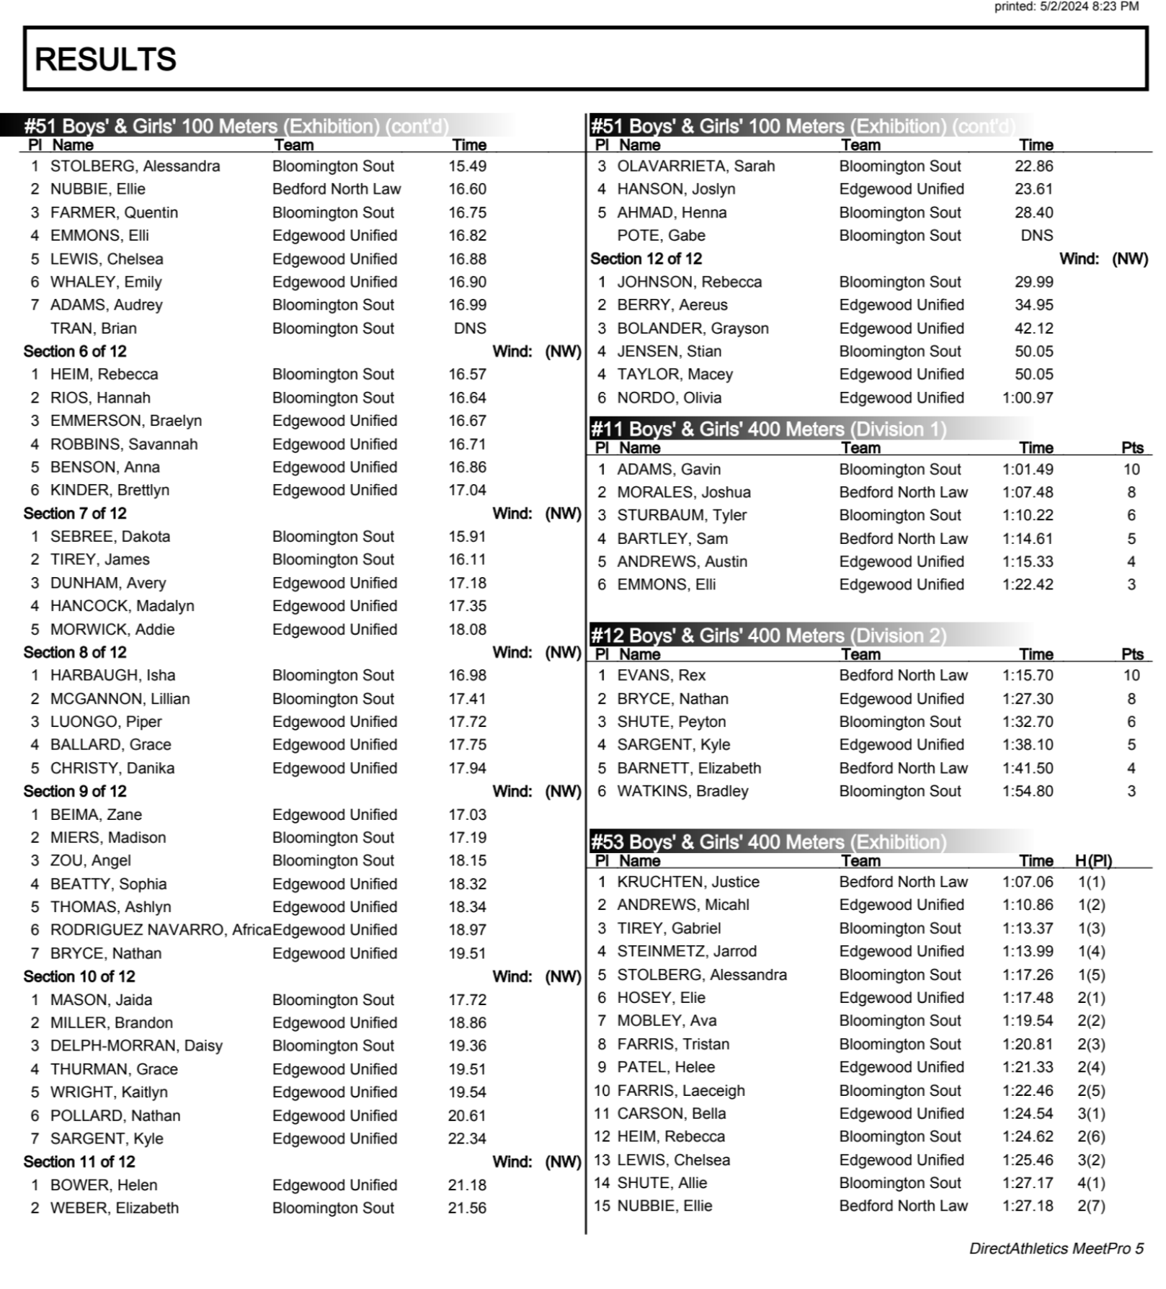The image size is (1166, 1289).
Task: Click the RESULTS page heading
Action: (105, 59)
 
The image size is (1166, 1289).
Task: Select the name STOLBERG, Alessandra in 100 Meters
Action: (135, 166)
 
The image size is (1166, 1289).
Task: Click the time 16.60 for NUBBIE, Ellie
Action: (467, 189)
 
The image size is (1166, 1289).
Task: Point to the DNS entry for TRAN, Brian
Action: (470, 329)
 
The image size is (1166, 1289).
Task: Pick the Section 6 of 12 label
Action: (75, 352)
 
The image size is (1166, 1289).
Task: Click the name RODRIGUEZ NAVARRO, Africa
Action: (160, 930)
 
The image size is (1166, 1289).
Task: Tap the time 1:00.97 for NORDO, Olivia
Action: (1027, 398)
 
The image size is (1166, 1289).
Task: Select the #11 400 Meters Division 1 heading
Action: (768, 429)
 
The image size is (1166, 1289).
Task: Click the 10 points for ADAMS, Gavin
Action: (1131, 470)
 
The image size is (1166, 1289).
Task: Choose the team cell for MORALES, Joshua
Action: (903, 493)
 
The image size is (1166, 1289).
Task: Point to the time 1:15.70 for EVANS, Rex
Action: (1027, 676)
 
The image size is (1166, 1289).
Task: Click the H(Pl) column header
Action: (1092, 861)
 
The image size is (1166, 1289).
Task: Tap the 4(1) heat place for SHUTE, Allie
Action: (1090, 1183)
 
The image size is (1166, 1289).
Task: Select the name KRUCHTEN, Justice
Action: (687, 882)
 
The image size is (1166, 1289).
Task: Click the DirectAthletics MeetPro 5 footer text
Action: (1056, 1249)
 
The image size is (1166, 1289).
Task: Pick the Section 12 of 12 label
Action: (646, 259)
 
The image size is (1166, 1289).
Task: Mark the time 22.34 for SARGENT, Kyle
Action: (467, 1139)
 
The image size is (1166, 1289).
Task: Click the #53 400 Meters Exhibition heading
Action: (768, 842)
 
